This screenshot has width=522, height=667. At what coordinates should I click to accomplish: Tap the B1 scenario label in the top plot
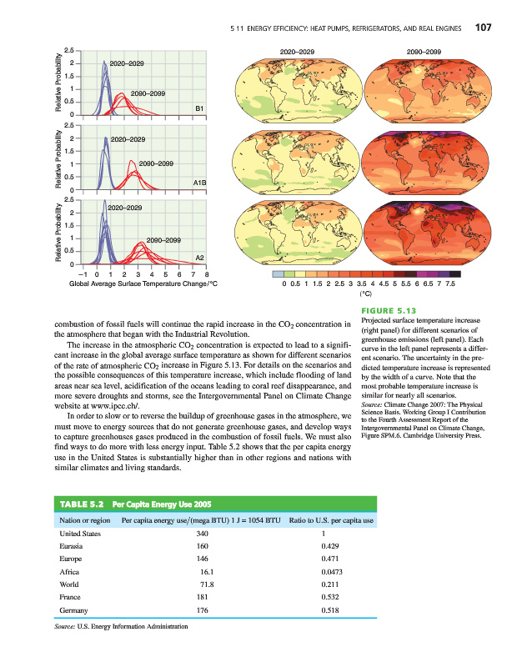pyautogui.click(x=200, y=108)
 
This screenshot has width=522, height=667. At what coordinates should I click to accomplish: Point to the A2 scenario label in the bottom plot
pyautogui.click(x=200, y=256)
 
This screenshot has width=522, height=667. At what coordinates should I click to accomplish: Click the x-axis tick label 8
pyautogui.click(x=207, y=273)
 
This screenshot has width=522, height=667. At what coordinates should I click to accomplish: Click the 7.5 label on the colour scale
pyautogui.click(x=450, y=283)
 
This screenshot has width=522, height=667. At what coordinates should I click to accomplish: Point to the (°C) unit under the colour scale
pyautogui.click(x=364, y=293)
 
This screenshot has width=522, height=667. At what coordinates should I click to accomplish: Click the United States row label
pyautogui.click(x=81, y=533)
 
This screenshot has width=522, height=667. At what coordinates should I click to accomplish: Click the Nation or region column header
pyautogui.click(x=86, y=520)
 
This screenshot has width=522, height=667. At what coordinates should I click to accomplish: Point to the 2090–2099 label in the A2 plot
pyautogui.click(x=163, y=240)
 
